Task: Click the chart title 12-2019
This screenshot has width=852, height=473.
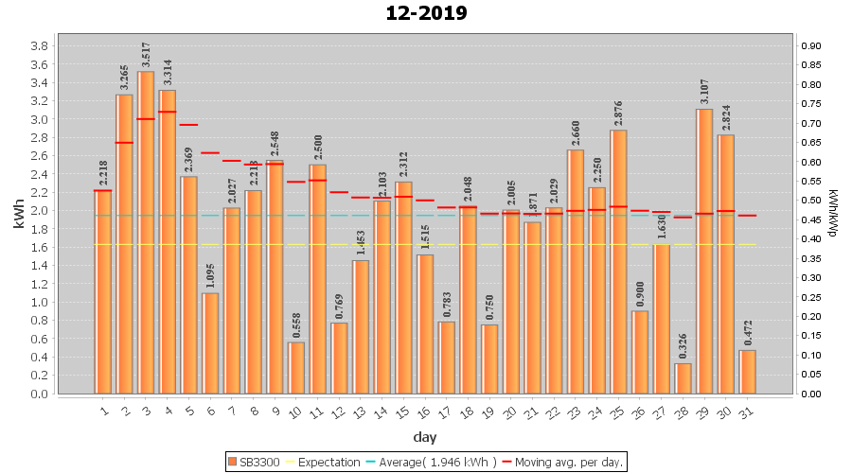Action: [426, 13]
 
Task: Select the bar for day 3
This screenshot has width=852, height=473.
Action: [146, 232]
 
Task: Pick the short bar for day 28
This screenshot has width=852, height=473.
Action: [683, 378]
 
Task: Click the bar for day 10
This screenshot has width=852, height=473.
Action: [296, 367]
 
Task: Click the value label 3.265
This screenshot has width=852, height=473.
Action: [124, 77]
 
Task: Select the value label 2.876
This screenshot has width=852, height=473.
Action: [618, 112]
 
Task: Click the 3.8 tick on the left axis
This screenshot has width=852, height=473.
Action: [41, 46]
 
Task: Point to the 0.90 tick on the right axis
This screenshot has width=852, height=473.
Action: [813, 46]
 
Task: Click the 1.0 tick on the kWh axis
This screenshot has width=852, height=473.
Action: [41, 303]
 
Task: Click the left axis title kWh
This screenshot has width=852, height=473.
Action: [18, 219]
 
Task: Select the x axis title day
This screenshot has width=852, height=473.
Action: [425, 437]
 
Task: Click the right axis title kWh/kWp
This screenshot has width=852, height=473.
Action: [833, 213]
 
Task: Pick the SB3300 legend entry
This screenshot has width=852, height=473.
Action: [255, 462]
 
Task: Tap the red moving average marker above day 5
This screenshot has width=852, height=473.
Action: [188, 125]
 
